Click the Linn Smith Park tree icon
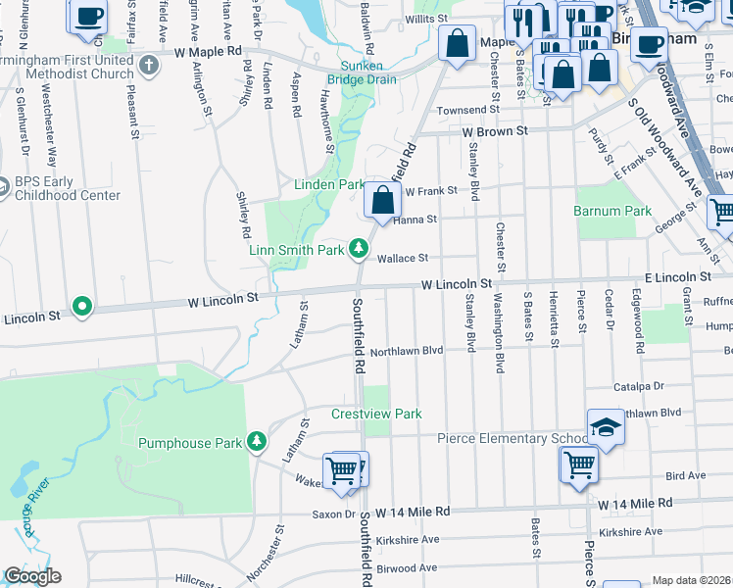tap(360, 249)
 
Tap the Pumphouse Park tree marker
tap(257, 442)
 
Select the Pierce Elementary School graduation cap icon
tap(606, 427)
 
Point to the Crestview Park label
tap(376, 414)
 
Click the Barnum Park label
tap(612, 211)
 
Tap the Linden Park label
tap(329, 184)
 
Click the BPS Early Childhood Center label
tap(68, 188)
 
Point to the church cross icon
tap(148, 66)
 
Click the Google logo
tap(32, 576)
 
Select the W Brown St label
tap(495, 130)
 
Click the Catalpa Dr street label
tap(639, 387)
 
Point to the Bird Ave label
tap(685, 475)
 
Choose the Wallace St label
tap(404, 258)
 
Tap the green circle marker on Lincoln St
tap(82, 307)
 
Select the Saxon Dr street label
tap(334, 514)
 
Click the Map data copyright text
tap(691, 580)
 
